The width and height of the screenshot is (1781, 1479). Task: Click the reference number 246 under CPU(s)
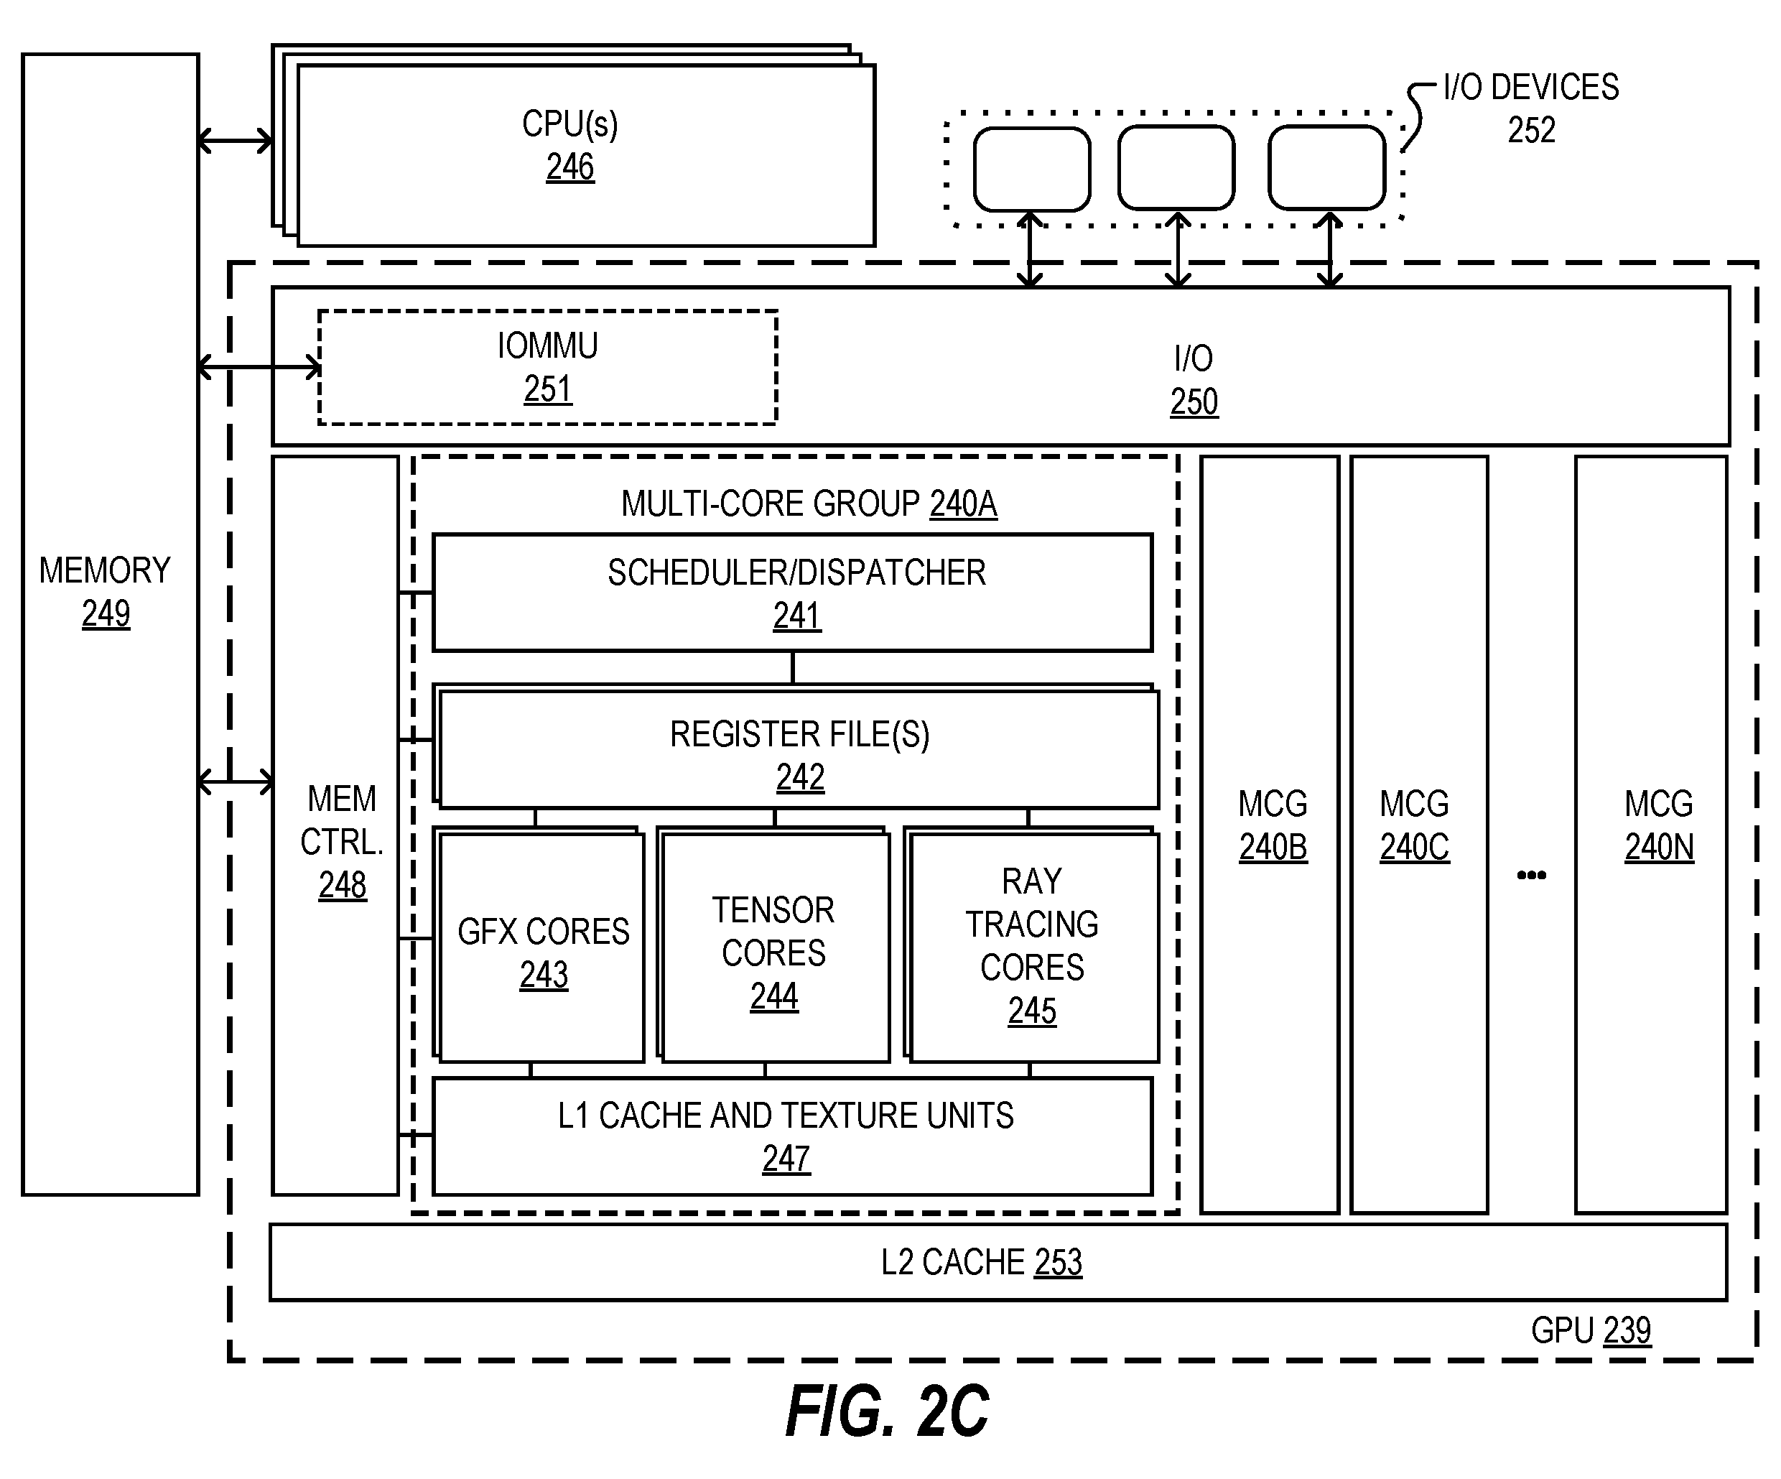point(570,167)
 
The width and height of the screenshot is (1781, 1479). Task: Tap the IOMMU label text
point(548,346)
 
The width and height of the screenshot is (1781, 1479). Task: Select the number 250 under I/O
point(1194,402)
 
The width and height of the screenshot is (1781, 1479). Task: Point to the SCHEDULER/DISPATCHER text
point(797,573)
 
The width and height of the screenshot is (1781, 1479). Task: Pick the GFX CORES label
point(544,932)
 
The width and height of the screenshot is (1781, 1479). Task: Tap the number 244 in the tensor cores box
point(774,996)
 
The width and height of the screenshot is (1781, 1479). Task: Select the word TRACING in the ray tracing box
point(1032,924)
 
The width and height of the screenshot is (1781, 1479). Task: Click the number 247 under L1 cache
point(786,1159)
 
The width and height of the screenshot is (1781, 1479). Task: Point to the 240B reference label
point(1273,847)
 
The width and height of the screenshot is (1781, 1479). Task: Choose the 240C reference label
point(1415,847)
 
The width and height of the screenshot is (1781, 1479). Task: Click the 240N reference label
point(1660,847)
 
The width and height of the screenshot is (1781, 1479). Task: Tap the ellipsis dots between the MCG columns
point(1531,875)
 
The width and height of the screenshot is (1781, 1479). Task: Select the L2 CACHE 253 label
point(981,1263)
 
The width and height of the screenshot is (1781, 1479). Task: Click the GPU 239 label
point(1591,1330)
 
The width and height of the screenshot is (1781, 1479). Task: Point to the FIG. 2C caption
point(888,1412)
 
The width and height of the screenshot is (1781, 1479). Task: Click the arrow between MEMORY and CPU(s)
point(236,141)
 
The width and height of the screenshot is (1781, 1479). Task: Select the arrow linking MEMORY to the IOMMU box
point(259,367)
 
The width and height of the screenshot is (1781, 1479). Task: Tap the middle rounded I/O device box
point(1176,168)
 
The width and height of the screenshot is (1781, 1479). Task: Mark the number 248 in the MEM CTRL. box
point(343,886)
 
